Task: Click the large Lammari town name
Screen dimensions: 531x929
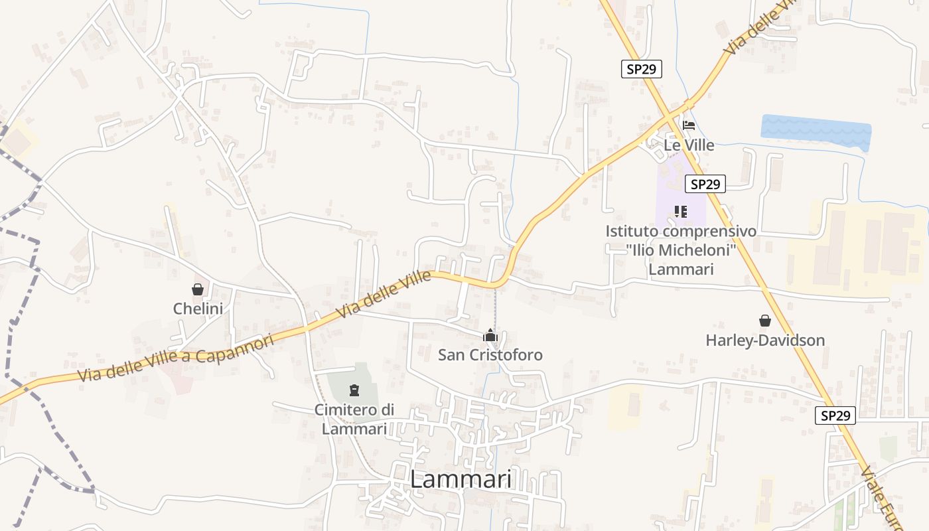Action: click(x=461, y=479)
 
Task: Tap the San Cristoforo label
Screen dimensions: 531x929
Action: click(x=490, y=355)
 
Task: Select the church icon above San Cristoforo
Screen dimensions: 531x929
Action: click(x=490, y=335)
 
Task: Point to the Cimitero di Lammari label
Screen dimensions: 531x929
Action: click(x=354, y=419)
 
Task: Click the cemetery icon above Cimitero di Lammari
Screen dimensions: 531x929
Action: click(x=354, y=389)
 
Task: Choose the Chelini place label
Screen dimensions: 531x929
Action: click(x=198, y=309)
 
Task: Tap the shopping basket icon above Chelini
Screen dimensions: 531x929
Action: click(x=197, y=289)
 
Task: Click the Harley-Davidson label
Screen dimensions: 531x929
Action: click(x=765, y=341)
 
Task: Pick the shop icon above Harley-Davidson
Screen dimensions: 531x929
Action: click(x=765, y=321)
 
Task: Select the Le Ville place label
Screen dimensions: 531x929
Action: click(x=689, y=145)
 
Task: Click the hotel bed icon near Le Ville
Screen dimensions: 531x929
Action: click(x=689, y=125)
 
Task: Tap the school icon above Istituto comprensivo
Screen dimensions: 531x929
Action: click(x=680, y=212)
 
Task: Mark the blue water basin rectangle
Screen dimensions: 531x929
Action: click(x=816, y=131)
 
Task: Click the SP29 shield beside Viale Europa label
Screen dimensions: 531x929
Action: click(x=835, y=416)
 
